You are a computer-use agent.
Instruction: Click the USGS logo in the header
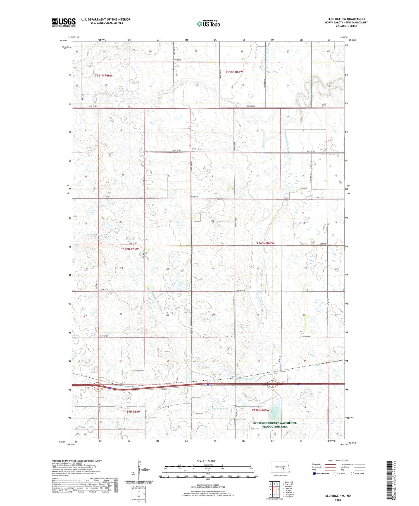pyautogui.click(x=64, y=22)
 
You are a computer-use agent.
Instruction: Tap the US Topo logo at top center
pyautogui.click(x=208, y=24)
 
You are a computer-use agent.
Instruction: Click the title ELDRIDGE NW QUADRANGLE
pyautogui.click(x=346, y=19)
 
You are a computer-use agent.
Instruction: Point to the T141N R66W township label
pyautogui.click(x=103, y=76)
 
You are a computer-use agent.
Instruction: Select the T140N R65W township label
pyautogui.click(x=265, y=243)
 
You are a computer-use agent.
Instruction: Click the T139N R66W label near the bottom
pyautogui.click(x=132, y=412)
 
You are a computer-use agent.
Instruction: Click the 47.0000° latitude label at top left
pyautogui.click(x=63, y=40)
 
